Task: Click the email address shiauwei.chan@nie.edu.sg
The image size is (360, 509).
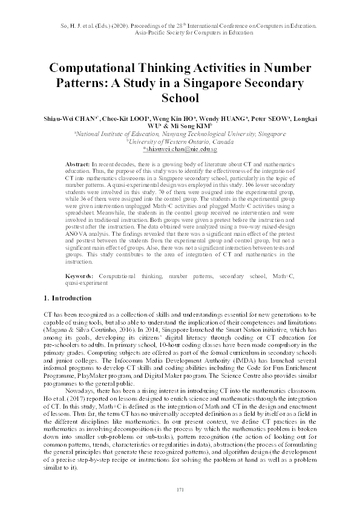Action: pyautogui.click(x=180, y=148)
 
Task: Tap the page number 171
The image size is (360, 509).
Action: pyautogui.click(x=180, y=489)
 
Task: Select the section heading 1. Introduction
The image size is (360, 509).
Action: pyautogui.click(x=68, y=298)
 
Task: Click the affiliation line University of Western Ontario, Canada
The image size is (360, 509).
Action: pyautogui.click(x=180, y=141)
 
